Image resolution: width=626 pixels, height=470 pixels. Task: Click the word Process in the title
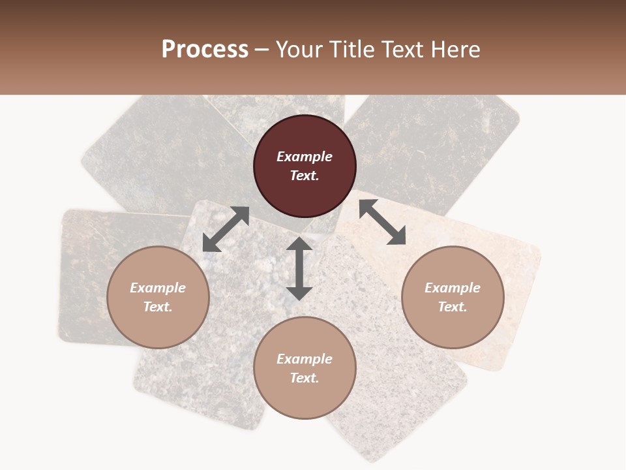click(205, 50)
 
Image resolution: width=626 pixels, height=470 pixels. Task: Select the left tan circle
click(158, 326)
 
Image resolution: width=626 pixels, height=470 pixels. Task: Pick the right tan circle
click(453, 326)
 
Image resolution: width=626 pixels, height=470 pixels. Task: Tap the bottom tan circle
click(305, 398)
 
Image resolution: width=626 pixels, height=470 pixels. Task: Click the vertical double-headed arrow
click(299, 268)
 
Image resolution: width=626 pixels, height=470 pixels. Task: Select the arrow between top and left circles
click(226, 229)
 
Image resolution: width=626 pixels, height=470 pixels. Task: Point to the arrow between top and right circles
click(382, 222)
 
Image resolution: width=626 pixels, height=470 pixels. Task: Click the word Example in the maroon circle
click(305, 157)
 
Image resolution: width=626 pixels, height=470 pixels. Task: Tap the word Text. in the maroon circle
click(305, 176)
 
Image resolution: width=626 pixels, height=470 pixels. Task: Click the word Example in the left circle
click(158, 288)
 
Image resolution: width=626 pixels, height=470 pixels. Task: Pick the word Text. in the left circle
click(158, 307)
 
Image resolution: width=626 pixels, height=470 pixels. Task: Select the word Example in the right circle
click(453, 288)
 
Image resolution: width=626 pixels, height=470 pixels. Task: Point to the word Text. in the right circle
click(453, 307)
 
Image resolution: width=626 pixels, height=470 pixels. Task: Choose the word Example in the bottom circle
click(305, 359)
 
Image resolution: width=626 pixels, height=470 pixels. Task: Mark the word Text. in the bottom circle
click(305, 378)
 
